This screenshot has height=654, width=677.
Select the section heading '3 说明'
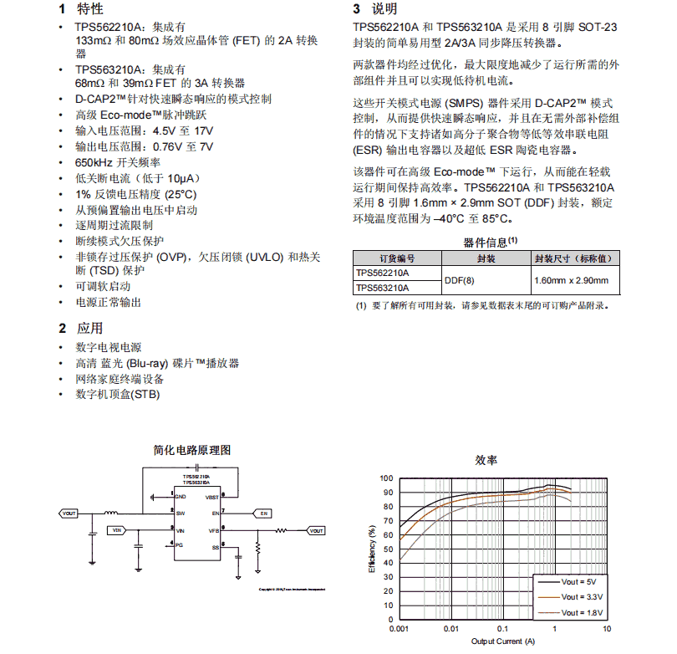coord(374,9)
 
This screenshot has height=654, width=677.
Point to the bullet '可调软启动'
coord(103,286)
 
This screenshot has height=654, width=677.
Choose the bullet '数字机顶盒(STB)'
coord(118,394)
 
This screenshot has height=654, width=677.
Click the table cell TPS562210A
coord(382,273)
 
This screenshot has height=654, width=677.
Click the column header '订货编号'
coord(397,258)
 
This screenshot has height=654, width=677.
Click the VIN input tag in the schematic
coord(116,530)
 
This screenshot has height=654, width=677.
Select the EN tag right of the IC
coord(264,513)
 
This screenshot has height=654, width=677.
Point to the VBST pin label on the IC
coord(212,498)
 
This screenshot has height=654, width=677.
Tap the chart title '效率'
coord(486,461)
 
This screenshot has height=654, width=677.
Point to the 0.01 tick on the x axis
coord(451,629)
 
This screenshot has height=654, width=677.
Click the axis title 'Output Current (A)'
coord(501,642)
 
